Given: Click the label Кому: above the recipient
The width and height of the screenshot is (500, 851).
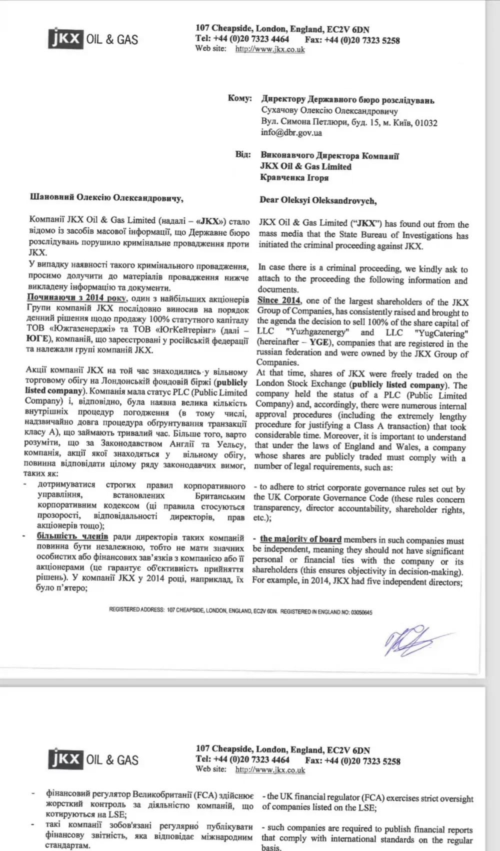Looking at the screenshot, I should point(239,98).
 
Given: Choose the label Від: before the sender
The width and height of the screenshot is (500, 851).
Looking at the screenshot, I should point(243,154).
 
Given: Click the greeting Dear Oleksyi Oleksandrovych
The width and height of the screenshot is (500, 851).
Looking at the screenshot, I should point(317,200).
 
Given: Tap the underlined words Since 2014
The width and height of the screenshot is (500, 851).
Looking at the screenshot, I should point(279,300).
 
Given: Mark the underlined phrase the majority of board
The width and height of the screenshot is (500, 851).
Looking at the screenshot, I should point(300,539).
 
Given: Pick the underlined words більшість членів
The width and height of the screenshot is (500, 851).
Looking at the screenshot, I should point(72,536).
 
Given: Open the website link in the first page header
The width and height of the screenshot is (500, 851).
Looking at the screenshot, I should point(270,49).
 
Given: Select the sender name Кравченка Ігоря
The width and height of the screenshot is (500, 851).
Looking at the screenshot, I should point(294,177).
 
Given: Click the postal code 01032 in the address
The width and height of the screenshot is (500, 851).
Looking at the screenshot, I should point(426,122).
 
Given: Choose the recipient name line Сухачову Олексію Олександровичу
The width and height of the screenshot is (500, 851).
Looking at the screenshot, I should point(329,111).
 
